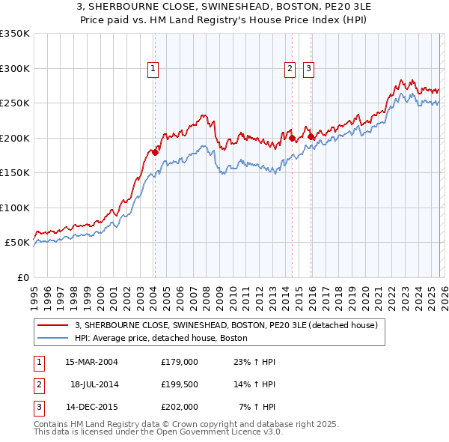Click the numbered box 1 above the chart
coord(153,69)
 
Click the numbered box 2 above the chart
coord(290,69)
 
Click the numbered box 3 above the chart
coord(308,69)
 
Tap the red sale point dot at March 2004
coord(155,152)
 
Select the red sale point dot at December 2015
coord(311,136)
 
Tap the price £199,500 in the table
coord(180,384)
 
